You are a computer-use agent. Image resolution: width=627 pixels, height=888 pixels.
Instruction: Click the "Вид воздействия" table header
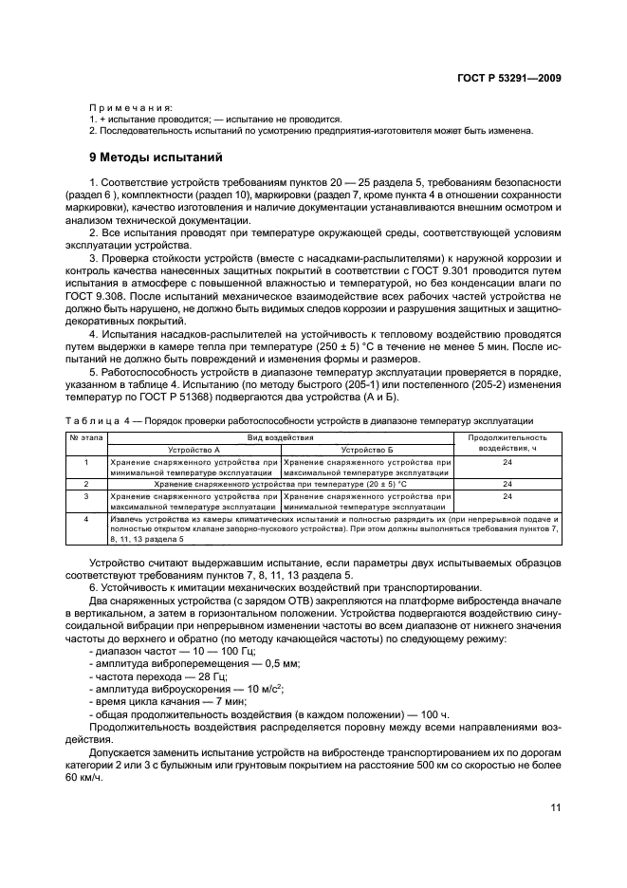(x=281, y=437)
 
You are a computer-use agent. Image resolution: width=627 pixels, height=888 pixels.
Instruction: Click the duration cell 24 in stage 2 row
(x=507, y=483)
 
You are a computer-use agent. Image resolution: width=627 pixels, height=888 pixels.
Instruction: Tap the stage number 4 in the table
(x=86, y=519)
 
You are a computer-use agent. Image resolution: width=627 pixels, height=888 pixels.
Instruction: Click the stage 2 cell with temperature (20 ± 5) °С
(x=281, y=483)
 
